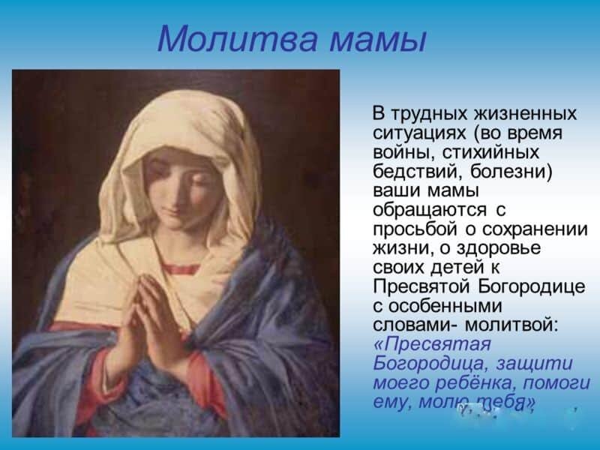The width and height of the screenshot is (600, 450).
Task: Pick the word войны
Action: [x=403, y=153]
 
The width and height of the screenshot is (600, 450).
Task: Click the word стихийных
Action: [x=490, y=152]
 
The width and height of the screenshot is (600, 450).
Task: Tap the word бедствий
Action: [x=417, y=172]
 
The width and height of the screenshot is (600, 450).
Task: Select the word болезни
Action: [x=511, y=172]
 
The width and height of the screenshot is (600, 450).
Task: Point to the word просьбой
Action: [x=415, y=229]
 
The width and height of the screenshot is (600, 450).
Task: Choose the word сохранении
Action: [x=535, y=229]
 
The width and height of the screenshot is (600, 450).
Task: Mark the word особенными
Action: [x=445, y=306]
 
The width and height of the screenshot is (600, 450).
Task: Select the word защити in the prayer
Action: [x=534, y=364]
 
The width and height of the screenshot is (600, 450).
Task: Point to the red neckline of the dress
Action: [x=181, y=268]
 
